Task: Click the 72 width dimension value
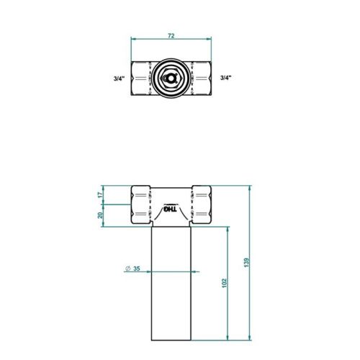point(170,35)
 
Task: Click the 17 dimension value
point(101,194)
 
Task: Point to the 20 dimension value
point(101,214)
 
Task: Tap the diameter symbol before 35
point(127,269)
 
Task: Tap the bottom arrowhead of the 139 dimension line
point(249,338)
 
